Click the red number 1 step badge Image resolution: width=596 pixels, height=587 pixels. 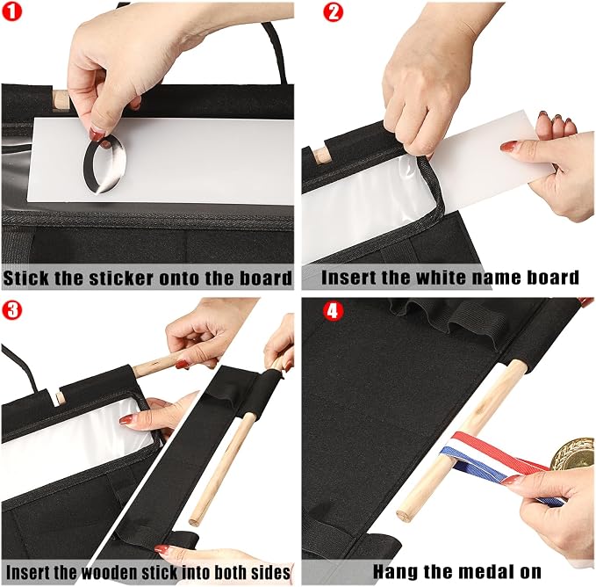pyautogui.click(x=11, y=11)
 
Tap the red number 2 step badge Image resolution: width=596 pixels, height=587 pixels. pyautogui.click(x=333, y=11)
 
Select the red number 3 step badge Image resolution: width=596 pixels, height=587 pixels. pyautogui.click(x=11, y=310)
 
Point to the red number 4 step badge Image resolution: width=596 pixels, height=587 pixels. pyautogui.click(x=333, y=311)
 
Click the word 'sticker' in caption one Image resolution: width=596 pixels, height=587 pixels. pyautogui.click(x=122, y=278)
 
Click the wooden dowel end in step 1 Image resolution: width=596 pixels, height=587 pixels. pyautogui.click(x=61, y=101)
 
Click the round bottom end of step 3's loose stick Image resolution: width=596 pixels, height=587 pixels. pyautogui.click(x=194, y=521)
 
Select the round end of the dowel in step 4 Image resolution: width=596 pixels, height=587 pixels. pyautogui.click(x=404, y=515)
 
